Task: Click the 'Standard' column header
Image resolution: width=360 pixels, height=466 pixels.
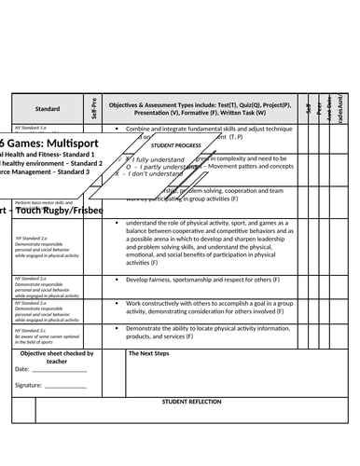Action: (x=48, y=108)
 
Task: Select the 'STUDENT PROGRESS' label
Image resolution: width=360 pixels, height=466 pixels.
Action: (x=177, y=146)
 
